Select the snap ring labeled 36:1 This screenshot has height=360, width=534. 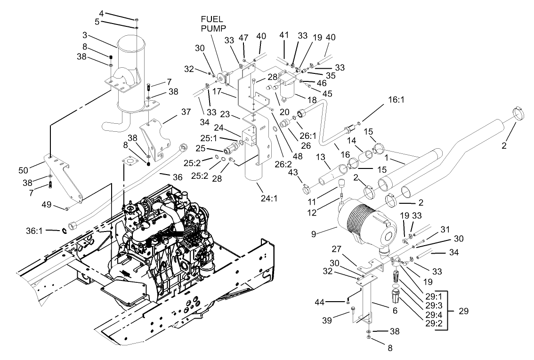pyautogui.click(x=65, y=230)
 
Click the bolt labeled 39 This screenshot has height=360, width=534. pyautogui.click(x=353, y=311)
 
